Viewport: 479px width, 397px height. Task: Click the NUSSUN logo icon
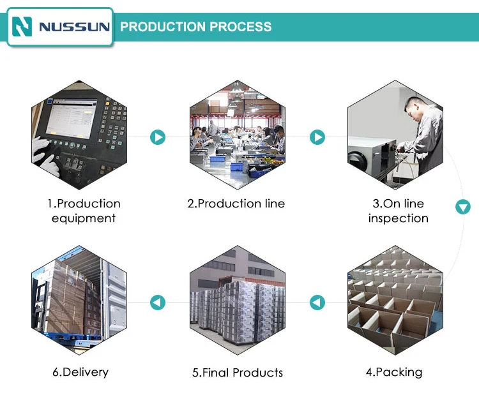[22, 27]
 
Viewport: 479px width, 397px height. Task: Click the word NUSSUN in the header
[74, 27]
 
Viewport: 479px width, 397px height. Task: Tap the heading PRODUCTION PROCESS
[196, 27]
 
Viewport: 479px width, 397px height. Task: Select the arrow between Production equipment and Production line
[158, 137]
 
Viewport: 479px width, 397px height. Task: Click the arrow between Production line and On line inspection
[317, 137]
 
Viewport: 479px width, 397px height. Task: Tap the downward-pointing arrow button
[463, 207]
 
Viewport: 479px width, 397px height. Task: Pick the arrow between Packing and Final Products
[317, 303]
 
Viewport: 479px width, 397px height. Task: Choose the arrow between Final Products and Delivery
[158, 303]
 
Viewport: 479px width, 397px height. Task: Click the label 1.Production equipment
[84, 211]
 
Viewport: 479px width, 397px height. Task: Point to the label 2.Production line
[236, 204]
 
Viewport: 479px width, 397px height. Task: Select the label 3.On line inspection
[398, 211]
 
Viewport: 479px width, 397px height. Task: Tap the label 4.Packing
[394, 372]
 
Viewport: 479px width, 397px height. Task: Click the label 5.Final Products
[238, 373]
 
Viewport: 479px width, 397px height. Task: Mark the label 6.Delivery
[80, 372]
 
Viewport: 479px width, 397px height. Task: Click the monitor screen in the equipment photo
[71, 120]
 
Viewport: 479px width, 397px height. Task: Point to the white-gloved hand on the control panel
[46, 156]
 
